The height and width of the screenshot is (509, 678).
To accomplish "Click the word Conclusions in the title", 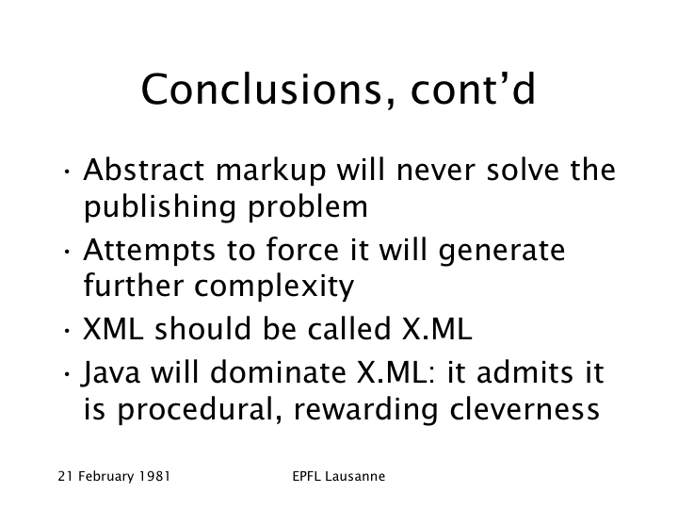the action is [262, 90].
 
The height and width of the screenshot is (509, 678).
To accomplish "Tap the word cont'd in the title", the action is [474, 90].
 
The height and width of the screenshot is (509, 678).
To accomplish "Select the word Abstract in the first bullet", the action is [143, 170].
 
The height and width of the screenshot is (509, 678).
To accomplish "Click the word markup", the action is [270, 171].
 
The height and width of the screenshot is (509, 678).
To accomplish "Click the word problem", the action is [307, 207].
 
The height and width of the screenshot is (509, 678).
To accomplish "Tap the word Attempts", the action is [149, 251].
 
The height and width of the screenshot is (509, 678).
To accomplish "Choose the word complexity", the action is [274, 287].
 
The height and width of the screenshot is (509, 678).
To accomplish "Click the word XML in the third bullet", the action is [112, 329].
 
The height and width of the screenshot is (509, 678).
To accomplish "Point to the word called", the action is [349, 329].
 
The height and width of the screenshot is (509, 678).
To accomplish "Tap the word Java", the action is [111, 372].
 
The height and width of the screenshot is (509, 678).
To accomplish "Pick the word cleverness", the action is [525, 409].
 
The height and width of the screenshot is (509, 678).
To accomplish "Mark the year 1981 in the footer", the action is [154, 477].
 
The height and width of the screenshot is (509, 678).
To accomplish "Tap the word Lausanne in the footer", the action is [355, 477].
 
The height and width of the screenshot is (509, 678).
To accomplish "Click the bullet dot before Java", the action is [67, 374].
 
